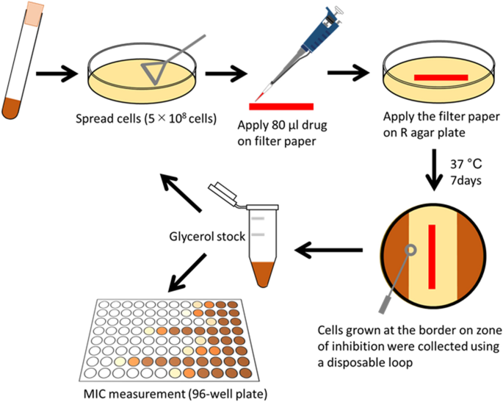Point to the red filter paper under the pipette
point(282,107)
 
